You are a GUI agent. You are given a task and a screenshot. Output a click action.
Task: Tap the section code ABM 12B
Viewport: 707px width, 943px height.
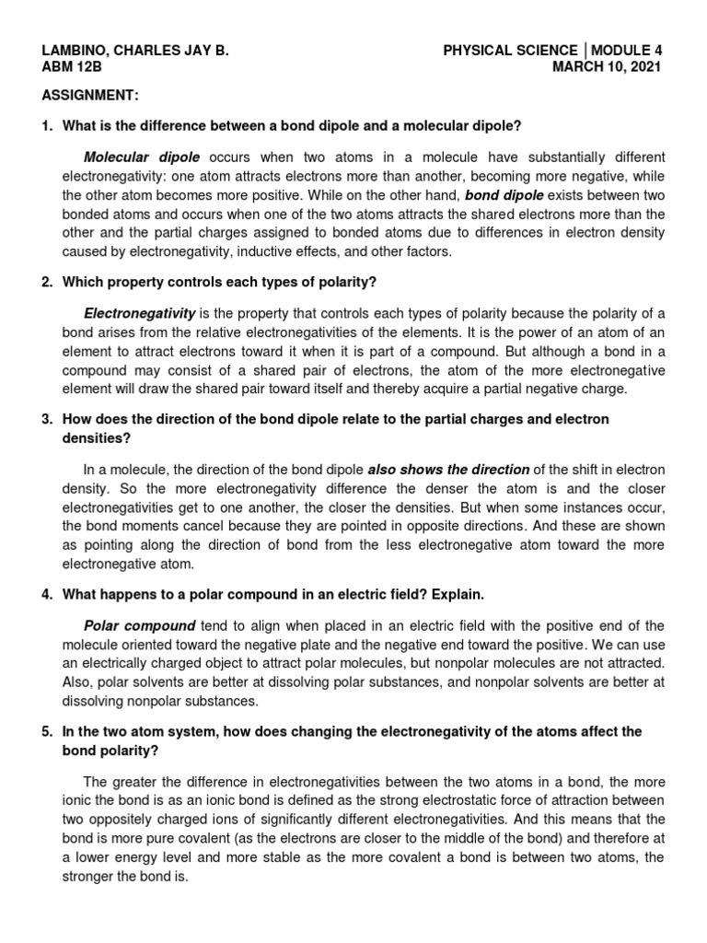[x=73, y=67]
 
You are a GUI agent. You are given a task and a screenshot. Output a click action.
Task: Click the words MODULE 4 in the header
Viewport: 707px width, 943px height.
[x=627, y=51]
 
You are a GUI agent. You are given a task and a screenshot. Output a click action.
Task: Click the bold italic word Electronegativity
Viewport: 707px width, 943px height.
[x=139, y=314]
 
